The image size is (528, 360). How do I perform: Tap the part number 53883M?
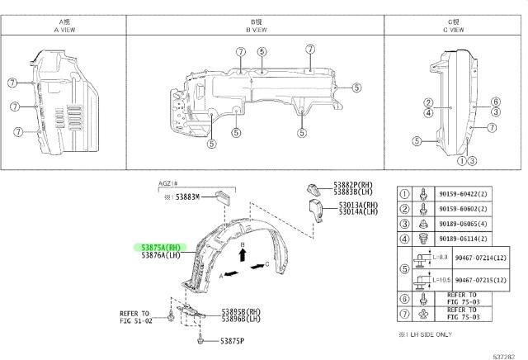point(192,198)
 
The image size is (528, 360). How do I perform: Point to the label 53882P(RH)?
point(356,185)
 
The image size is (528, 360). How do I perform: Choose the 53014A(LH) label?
point(357,212)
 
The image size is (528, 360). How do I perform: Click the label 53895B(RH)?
point(241,311)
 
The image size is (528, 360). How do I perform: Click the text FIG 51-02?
point(137,321)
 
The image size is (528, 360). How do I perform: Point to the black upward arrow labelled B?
point(243,255)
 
